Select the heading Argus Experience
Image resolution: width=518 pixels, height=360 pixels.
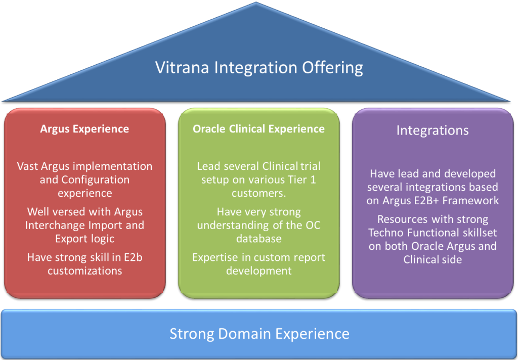click(84, 129)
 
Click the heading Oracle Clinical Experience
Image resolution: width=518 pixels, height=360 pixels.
click(258, 129)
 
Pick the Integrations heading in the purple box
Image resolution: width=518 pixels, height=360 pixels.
click(433, 130)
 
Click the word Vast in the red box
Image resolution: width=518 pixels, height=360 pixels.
click(28, 166)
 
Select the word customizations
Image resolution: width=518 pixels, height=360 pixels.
click(85, 271)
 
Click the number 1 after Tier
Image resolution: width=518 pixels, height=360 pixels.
click(313, 179)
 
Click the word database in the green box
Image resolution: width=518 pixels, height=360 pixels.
click(258, 239)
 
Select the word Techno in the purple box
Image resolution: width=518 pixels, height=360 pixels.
click(385, 233)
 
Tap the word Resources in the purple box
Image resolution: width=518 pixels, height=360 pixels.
click(403, 219)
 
